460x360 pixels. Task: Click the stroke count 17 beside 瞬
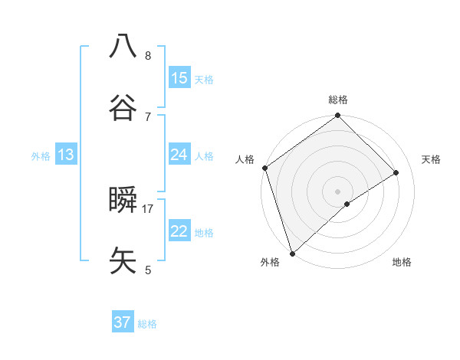[x=148, y=208]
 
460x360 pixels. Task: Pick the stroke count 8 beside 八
[x=148, y=55]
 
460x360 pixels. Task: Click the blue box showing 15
[x=179, y=78]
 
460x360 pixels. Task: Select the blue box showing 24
[x=179, y=155]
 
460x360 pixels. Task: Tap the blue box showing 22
[x=179, y=231]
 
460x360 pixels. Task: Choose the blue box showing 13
[x=66, y=155]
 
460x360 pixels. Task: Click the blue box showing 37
[x=123, y=322]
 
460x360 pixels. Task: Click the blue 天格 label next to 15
[x=204, y=79]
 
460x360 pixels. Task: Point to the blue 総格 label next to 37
[x=147, y=324]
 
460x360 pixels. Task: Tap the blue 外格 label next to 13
[x=41, y=155]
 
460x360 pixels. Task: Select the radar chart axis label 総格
[x=338, y=100]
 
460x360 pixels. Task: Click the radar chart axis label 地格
[x=402, y=262]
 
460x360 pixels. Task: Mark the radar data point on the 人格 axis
[x=264, y=168]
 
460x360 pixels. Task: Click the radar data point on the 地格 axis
[x=347, y=204]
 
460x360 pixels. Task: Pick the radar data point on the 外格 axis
[x=291, y=253]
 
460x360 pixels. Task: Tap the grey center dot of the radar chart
[x=337, y=191]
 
